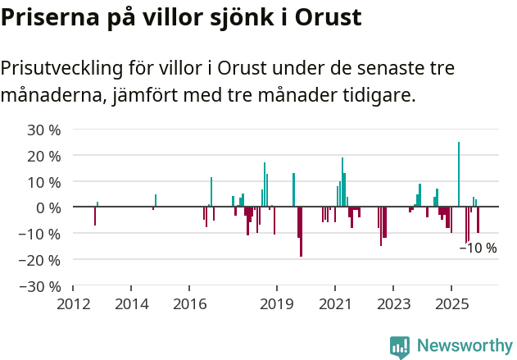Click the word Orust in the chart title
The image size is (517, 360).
328,17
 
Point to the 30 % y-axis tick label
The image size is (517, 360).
44,130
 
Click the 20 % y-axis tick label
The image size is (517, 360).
44,156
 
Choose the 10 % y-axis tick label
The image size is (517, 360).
44,181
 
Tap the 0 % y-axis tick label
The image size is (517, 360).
48,207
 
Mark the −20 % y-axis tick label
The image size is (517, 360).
41,260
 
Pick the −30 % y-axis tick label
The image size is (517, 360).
41,286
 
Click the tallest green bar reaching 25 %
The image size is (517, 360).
459,174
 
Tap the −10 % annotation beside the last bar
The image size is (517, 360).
478,248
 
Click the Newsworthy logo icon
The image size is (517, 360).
400,347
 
